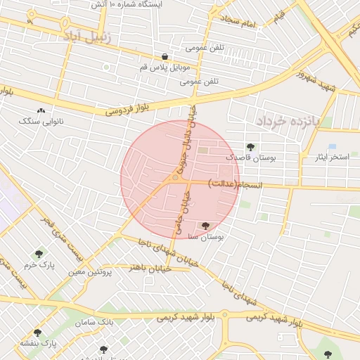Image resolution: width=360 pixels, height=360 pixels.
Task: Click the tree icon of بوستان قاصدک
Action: click(250, 147)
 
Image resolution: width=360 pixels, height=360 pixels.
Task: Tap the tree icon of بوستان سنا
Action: click(205, 226)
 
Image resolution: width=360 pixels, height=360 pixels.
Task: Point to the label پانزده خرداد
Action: click(288, 120)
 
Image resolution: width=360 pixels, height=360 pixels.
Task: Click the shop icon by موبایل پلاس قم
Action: click(165, 57)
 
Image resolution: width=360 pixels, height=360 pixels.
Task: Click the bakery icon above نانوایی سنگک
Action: click(41, 111)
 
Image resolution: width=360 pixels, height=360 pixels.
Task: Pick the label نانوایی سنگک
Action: click(41, 121)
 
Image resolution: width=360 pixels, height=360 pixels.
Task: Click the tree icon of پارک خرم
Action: click(39, 254)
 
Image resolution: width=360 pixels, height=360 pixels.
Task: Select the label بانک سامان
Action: click(96, 321)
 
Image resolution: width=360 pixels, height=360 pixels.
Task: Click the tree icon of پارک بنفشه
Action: click(37, 333)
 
